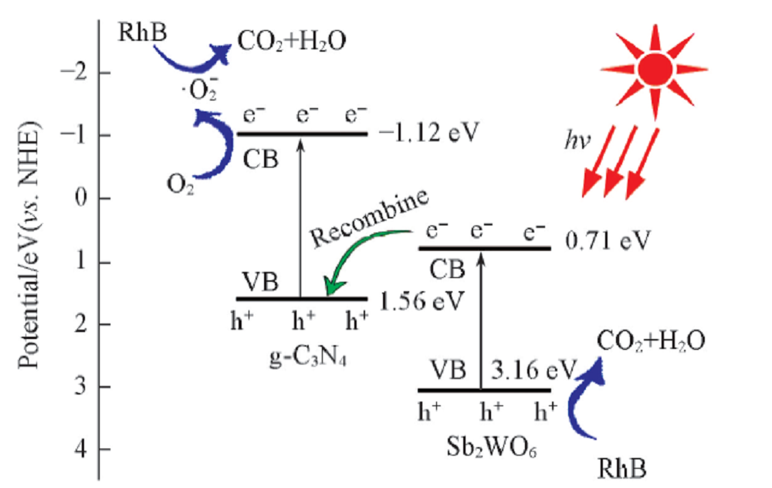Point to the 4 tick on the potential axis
tap(86, 449)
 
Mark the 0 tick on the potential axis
tap(86, 198)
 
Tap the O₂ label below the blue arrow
tap(179, 183)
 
